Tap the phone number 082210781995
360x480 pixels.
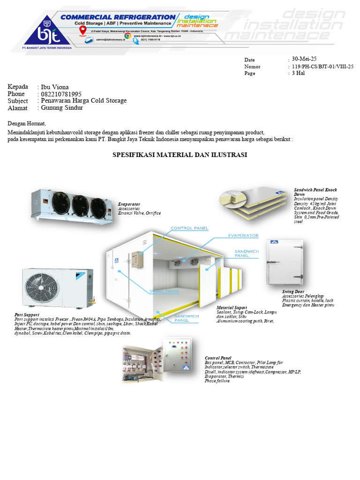(61, 94)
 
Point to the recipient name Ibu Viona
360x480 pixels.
(55, 87)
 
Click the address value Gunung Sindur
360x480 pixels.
(62, 107)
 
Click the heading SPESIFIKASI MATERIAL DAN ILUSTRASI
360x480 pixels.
(180, 155)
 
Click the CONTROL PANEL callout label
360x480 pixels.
(188, 228)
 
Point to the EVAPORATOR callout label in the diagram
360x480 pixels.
(243, 235)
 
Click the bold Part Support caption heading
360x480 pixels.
(27, 315)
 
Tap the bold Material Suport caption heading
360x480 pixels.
(232, 307)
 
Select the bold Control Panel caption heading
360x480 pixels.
(218, 358)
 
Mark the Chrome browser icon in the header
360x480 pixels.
(127, 35)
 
